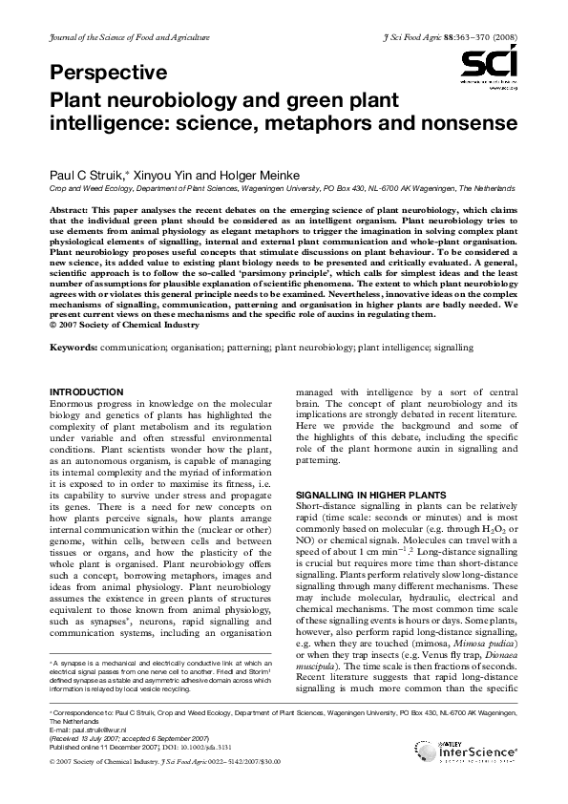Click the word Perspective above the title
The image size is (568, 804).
pyautogui.click(x=109, y=73)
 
